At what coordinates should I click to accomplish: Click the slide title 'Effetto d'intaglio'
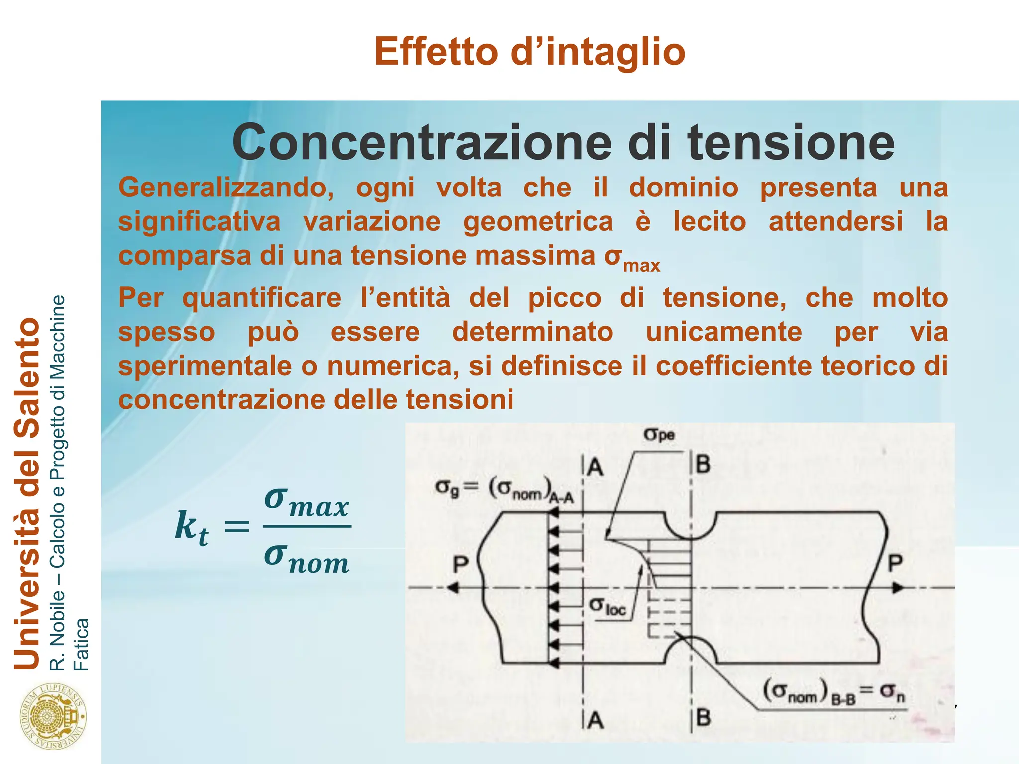(x=530, y=52)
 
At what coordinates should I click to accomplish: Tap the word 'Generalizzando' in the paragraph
(x=226, y=188)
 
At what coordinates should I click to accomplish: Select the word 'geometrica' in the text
(x=538, y=222)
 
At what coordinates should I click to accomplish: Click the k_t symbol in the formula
(x=192, y=527)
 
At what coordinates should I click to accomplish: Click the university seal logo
(x=53, y=716)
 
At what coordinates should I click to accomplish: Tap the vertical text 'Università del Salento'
(x=27, y=492)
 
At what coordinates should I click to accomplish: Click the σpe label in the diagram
(x=659, y=434)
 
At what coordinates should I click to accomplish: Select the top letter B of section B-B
(x=703, y=465)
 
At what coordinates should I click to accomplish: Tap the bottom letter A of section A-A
(x=595, y=720)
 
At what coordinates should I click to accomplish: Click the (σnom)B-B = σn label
(x=833, y=693)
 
